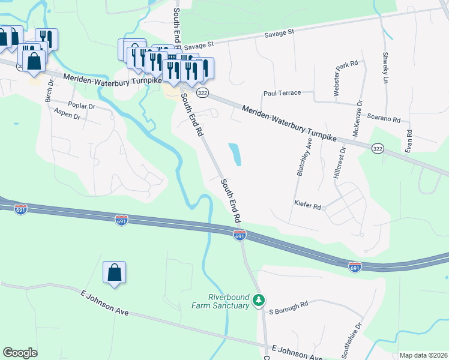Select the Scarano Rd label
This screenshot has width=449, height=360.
(x=384, y=119)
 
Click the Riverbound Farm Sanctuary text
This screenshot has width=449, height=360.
(x=220, y=301)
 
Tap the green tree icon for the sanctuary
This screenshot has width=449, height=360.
(x=259, y=299)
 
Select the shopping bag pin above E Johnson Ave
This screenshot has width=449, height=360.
(x=114, y=273)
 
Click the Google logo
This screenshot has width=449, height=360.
(x=20, y=353)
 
